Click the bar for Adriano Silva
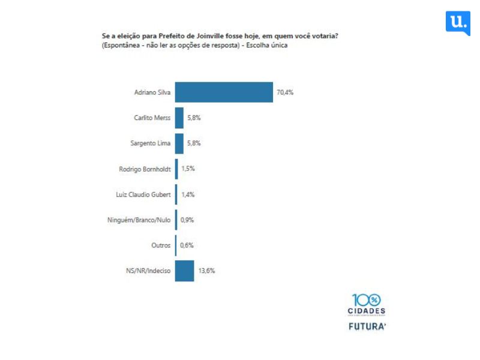point(224,92)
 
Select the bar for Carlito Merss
point(179,118)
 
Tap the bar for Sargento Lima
point(179,143)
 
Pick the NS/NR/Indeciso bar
point(184,271)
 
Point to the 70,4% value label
point(284,93)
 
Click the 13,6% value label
point(206,271)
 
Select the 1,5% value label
point(188,169)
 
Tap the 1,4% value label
point(188,194)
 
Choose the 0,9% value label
point(187,220)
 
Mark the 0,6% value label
point(187,245)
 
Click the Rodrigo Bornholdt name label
point(145,169)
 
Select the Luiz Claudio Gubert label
point(143,194)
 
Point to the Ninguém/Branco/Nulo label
point(139,220)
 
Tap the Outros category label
point(161,245)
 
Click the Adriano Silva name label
point(152,93)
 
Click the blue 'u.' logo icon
point(458,23)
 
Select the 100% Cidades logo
point(366,304)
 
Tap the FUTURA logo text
point(367,327)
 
